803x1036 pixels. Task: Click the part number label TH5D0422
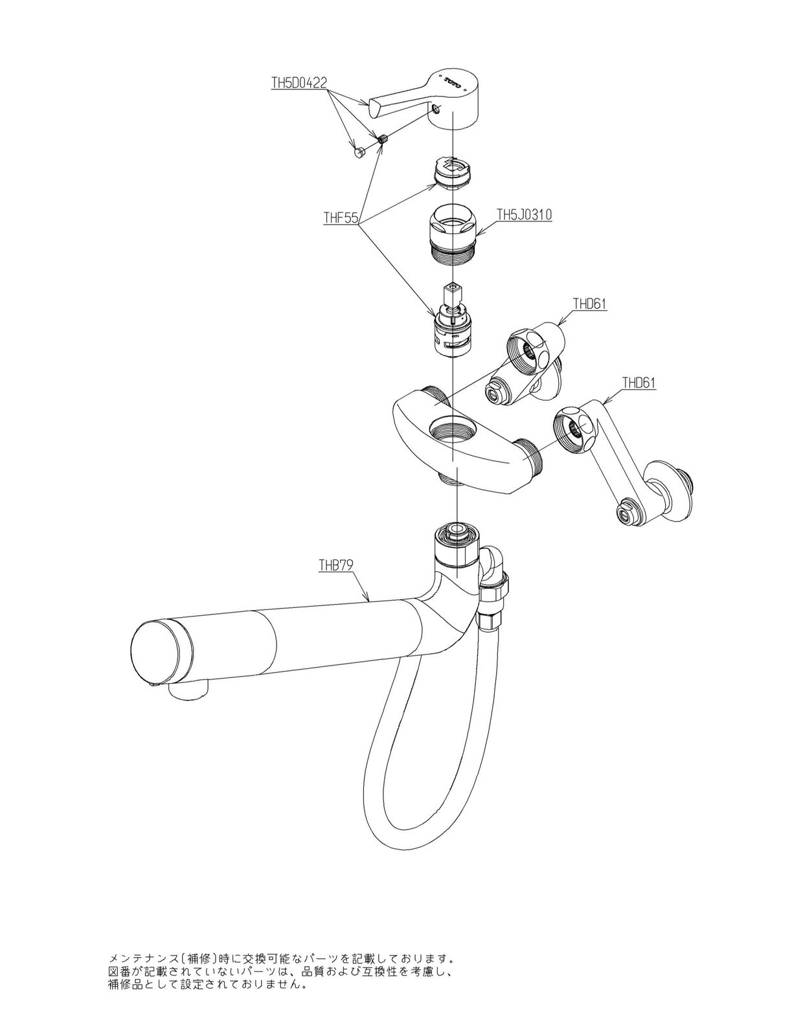[299, 83]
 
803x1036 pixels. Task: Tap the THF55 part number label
[341, 218]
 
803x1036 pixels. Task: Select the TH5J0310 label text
[524, 215]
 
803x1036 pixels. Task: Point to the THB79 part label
[335, 565]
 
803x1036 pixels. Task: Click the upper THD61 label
[590, 304]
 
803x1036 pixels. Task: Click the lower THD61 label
[639, 383]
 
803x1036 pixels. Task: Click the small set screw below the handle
[383, 140]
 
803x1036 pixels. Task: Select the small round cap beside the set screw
[360, 152]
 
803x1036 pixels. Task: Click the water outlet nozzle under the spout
[190, 689]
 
